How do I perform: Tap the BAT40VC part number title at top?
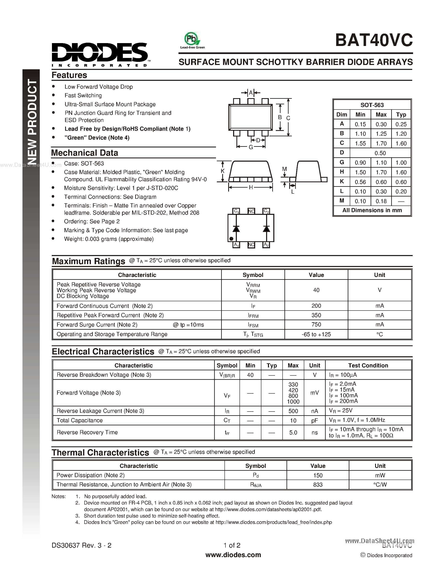pos(374,40)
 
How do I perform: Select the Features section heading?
pos(69,75)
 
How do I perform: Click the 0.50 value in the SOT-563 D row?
pos(380,153)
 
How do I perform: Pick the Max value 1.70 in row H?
pos(381,172)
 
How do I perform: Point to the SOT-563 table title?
pos(372,105)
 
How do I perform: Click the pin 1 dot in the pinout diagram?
pos(231,239)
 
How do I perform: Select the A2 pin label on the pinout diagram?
pos(266,245)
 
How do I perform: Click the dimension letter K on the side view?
pos(222,171)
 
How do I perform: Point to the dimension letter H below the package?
pos(251,187)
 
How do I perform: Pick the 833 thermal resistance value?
pos(318,485)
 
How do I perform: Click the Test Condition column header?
pos(368,365)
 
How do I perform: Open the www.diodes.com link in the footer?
pos(233,555)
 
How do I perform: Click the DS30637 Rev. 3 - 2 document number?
pos(81,545)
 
